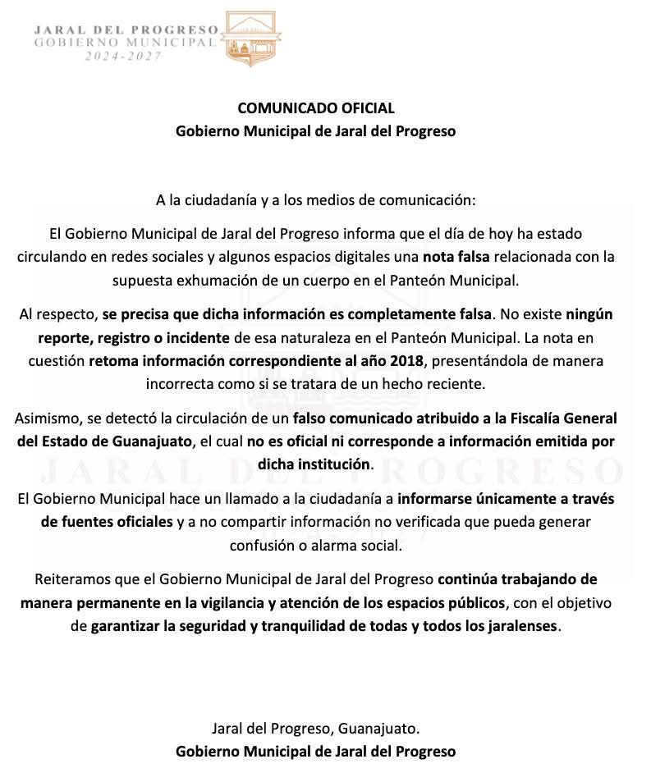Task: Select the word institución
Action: pos(337,464)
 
